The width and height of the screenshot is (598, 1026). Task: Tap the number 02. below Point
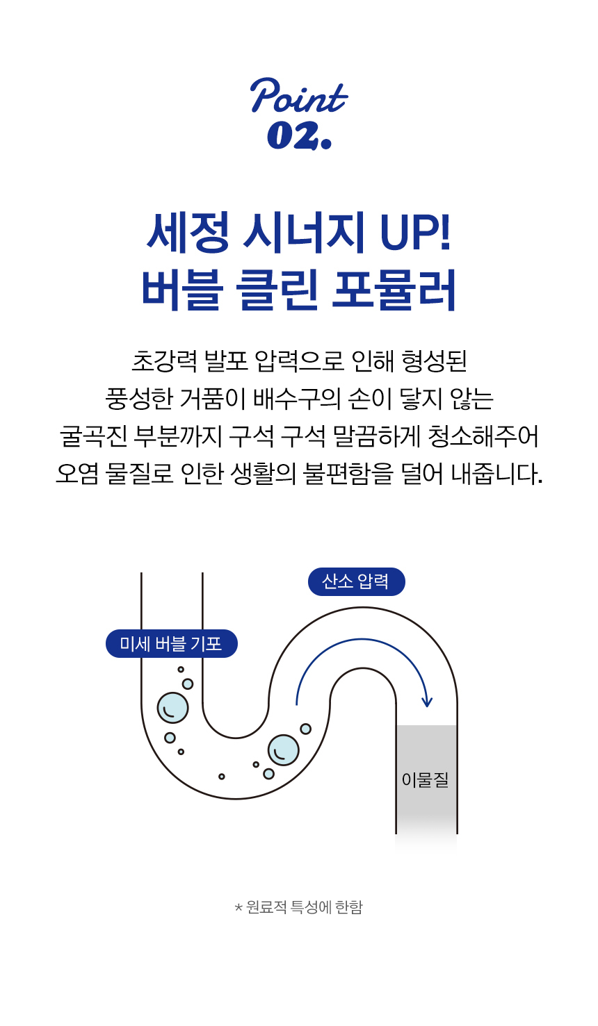[x=298, y=135]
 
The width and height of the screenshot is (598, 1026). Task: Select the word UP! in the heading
[x=416, y=233]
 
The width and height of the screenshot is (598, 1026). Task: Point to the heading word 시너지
[x=304, y=233]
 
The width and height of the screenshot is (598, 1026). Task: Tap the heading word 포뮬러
[x=394, y=289]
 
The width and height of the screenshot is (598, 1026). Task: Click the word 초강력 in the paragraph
[x=164, y=361]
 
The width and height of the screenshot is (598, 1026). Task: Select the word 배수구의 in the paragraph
[x=297, y=398]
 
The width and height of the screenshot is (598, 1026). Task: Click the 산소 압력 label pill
[x=356, y=581]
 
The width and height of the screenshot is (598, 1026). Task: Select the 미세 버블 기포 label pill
[x=171, y=644]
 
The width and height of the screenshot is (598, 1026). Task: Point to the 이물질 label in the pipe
[x=426, y=780]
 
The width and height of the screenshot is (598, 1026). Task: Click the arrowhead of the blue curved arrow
[x=427, y=702]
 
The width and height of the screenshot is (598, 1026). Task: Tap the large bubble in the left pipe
[x=172, y=708]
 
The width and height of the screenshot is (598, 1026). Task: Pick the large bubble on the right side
[x=283, y=750]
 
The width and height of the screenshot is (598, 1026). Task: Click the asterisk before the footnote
[x=238, y=908]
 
